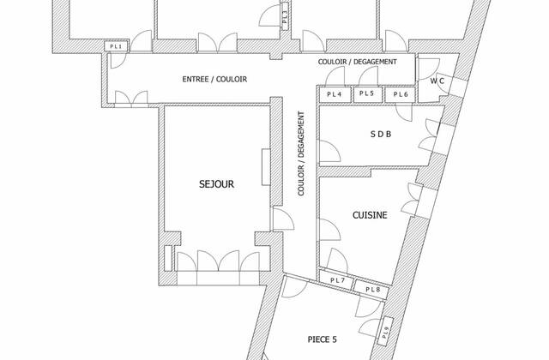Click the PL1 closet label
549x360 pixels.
tap(115, 46)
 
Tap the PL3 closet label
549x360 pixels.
tap(285, 15)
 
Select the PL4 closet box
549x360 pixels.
tap(334, 93)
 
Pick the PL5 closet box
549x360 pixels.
tap(366, 93)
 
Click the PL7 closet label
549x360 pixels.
tap(337, 280)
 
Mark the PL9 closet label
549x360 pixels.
tap(386, 331)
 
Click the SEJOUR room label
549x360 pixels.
tap(216, 183)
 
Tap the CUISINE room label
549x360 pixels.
tap(370, 216)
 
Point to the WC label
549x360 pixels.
tap(437, 81)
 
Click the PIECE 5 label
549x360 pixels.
tap(324, 339)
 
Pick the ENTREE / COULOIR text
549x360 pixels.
tap(214, 79)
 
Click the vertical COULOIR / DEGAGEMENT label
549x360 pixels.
tap(302, 154)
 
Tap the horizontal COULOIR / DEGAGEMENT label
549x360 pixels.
tap(357, 62)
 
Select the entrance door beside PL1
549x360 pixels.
tap(118, 62)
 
